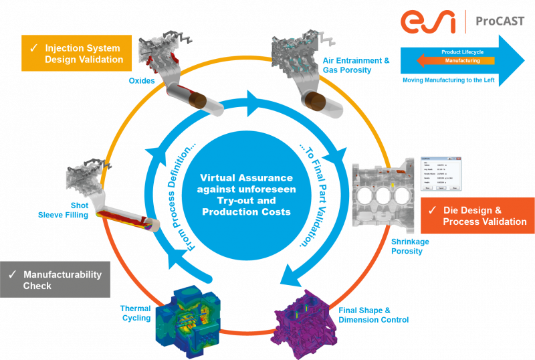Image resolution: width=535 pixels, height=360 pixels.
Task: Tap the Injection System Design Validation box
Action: coord(76,54)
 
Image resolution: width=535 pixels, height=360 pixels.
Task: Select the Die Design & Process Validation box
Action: coord(478,215)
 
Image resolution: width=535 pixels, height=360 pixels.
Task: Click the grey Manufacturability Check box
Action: coord(56,280)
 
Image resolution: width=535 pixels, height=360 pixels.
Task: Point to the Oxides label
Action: coord(142,81)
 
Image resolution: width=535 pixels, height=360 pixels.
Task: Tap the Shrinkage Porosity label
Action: coord(410,246)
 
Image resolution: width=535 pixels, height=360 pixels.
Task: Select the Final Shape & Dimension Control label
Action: coord(373,315)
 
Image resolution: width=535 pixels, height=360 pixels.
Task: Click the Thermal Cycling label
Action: coord(136,313)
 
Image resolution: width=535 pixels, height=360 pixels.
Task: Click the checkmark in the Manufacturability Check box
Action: coord(12,275)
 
